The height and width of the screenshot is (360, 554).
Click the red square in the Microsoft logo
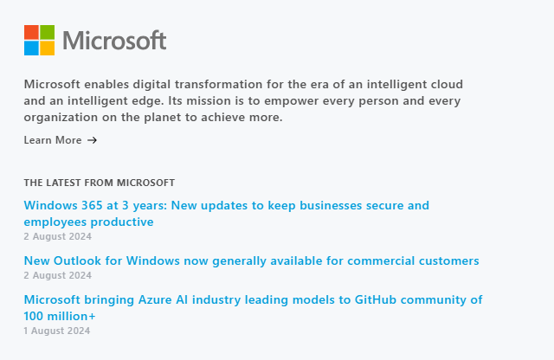click(31, 32)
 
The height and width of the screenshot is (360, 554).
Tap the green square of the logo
click(48, 32)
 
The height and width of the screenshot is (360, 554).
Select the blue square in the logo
click(31, 48)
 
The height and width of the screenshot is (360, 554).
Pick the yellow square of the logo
click(48, 48)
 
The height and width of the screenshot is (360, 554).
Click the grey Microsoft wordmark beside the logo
click(114, 41)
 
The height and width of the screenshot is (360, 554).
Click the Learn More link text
click(53, 140)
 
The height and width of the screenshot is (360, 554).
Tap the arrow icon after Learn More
click(92, 140)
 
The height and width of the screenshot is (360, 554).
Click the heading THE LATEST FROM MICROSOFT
click(100, 183)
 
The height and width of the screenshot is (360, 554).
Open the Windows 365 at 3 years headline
click(227, 214)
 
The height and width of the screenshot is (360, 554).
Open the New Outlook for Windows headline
click(252, 260)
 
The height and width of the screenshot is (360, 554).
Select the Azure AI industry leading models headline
click(253, 308)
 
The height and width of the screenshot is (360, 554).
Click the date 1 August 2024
click(57, 331)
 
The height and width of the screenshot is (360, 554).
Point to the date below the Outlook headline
click(58, 275)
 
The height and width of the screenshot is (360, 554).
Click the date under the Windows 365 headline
click(58, 236)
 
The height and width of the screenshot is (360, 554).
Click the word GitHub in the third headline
click(375, 299)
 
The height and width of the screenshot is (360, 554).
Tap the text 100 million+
click(60, 316)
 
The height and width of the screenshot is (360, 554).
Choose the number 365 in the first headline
click(92, 205)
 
